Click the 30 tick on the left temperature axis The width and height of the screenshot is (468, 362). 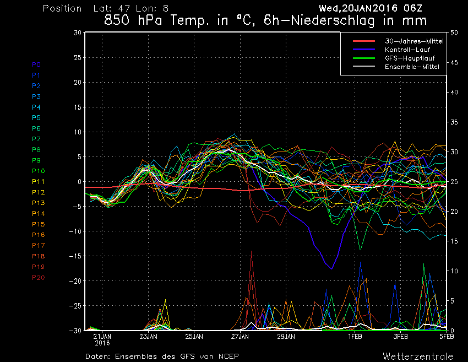coord(78,33)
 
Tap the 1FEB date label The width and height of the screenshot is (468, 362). coord(355,336)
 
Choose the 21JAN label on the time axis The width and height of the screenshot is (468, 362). coord(103,336)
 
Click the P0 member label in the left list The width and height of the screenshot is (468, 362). coord(36,64)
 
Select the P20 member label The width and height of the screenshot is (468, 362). coord(39,277)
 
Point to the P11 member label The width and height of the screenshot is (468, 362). coord(39,181)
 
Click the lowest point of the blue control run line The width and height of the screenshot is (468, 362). coord(331,269)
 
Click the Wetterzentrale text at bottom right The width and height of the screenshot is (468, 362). coord(418,356)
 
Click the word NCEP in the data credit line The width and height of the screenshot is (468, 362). coord(227,356)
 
